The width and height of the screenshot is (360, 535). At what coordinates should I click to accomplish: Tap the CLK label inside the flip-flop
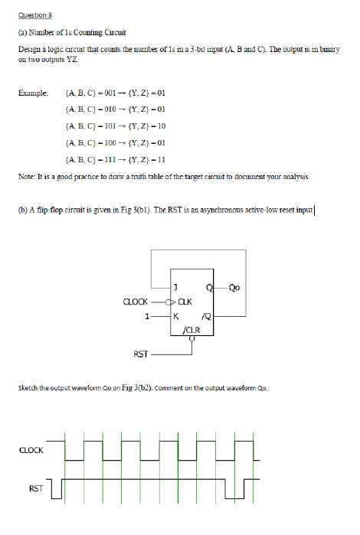[185, 301]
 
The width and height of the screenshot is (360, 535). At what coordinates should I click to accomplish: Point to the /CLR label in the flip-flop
[191, 328]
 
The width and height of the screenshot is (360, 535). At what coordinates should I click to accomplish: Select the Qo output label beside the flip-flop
[234, 288]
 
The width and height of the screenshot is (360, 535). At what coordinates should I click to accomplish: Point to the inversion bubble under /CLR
[191, 338]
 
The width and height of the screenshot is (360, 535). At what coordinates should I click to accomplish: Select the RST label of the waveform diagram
[35, 487]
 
